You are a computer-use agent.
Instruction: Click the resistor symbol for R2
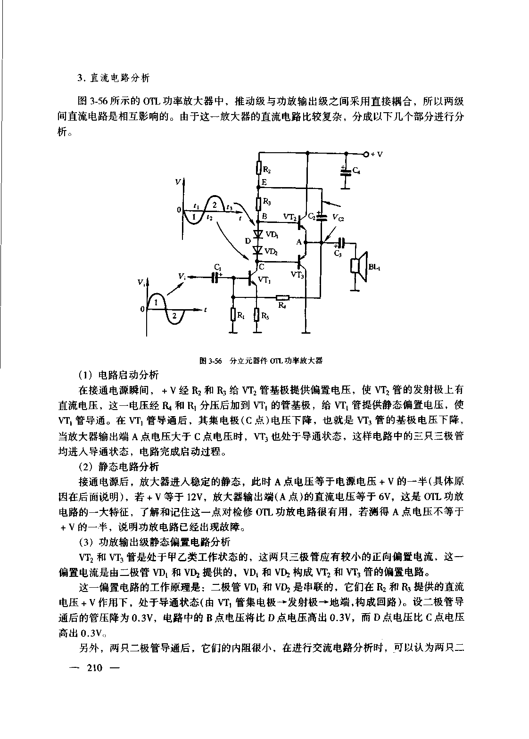tap(259, 168)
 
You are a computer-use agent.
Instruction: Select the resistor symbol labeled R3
tap(259, 203)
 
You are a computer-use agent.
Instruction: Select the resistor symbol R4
tap(282, 297)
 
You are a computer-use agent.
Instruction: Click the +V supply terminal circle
tap(366, 154)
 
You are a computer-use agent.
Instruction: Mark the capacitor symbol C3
tap(340, 243)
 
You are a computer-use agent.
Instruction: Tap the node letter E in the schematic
tap(264, 182)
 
